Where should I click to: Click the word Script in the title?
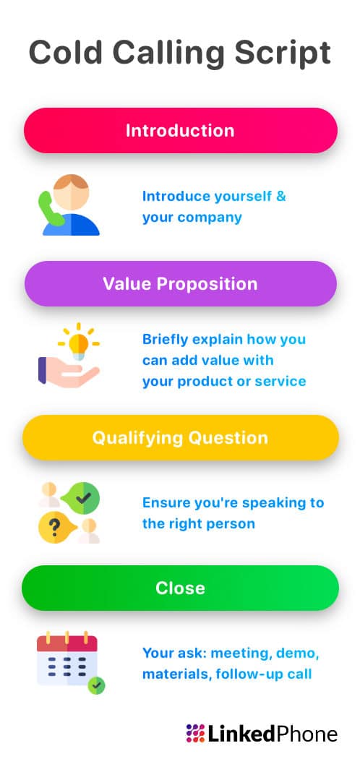tap(286, 53)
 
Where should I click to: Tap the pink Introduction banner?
tap(180, 131)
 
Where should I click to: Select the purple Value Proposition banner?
tap(180, 283)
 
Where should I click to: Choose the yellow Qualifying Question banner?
tap(180, 437)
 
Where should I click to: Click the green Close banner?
tap(180, 588)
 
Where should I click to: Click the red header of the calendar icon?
tap(67, 643)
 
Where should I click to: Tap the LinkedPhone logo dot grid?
tap(194, 734)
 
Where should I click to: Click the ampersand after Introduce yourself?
tap(280, 197)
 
